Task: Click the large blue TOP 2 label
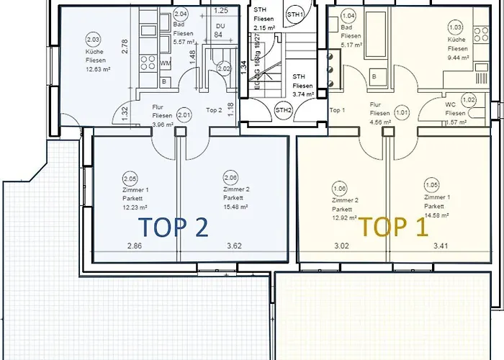tap(175, 228)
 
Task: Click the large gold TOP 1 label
tap(394, 228)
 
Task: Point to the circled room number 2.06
tap(230, 179)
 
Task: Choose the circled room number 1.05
tap(432, 184)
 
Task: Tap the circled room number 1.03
tap(455, 28)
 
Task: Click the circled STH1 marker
tap(294, 14)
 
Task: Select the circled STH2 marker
tap(283, 110)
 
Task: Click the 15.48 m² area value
tap(235, 206)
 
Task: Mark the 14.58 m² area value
tap(436, 215)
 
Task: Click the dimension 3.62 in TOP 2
tap(234, 246)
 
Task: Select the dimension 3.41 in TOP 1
tap(440, 246)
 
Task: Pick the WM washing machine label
tap(165, 65)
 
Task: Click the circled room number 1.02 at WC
tap(469, 100)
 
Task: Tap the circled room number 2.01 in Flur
tap(184, 114)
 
